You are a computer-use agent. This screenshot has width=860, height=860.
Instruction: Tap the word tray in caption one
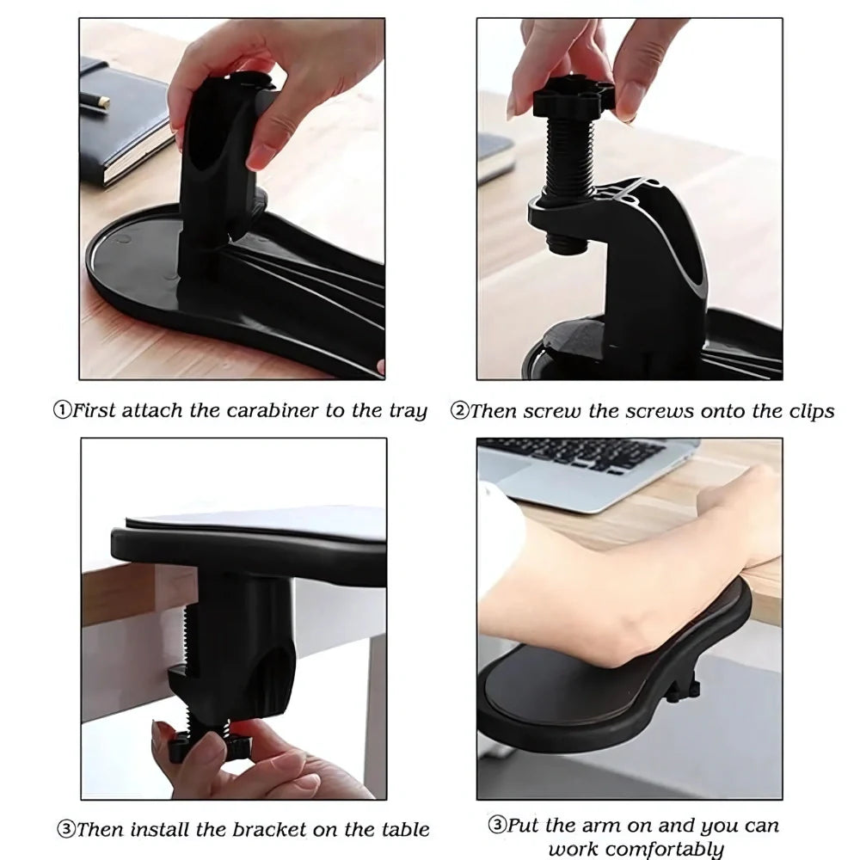coord(408,410)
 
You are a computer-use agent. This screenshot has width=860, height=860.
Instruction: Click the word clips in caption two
coord(808,410)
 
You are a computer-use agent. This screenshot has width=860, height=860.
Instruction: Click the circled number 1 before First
coord(62,410)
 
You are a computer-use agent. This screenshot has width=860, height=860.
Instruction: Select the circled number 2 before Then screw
coord(459,410)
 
